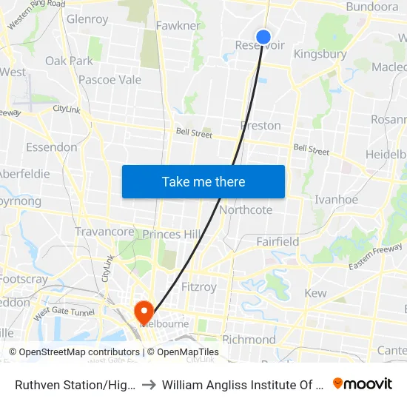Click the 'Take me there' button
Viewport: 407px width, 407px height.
203,182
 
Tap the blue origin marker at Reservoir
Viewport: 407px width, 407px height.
263,37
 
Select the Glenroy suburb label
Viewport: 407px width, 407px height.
87,19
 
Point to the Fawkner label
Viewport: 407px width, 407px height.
178,26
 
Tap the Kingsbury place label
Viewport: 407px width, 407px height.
320,54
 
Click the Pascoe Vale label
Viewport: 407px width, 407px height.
110,79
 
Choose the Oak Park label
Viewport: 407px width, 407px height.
69,61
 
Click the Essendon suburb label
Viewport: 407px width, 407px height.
51,147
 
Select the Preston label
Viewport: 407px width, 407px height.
260,126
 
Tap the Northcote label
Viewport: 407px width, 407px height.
246,210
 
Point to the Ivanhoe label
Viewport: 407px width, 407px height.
336,199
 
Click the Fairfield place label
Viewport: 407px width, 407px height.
277,241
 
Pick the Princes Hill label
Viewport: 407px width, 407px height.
171,235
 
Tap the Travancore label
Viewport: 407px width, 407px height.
104,232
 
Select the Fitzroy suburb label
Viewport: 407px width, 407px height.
198,286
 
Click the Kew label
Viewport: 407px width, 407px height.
315,293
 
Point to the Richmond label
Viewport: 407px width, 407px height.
249,340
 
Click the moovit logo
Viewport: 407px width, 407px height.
362,383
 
